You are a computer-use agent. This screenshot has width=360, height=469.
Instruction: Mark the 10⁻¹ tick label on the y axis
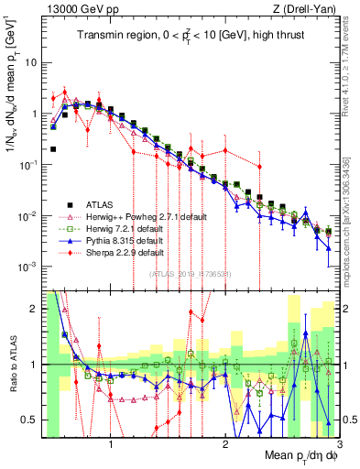tap(28, 165)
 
